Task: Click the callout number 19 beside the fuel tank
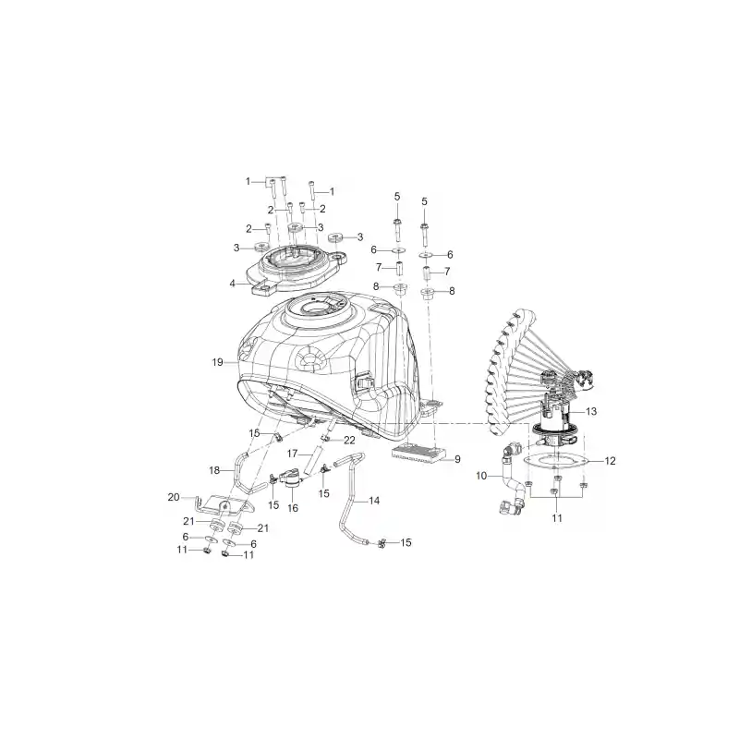(217, 362)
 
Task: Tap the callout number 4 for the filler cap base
(233, 284)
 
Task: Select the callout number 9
(457, 459)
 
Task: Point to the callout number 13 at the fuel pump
(591, 411)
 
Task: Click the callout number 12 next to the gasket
(610, 460)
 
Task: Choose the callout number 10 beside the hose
(481, 476)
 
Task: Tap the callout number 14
(374, 501)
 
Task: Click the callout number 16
(293, 507)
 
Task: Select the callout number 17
(292, 454)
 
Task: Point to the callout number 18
(214, 470)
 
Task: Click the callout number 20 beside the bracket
(174, 497)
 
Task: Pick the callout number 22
(349, 441)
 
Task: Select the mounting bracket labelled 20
(224, 505)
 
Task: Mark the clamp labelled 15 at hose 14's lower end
(382, 543)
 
